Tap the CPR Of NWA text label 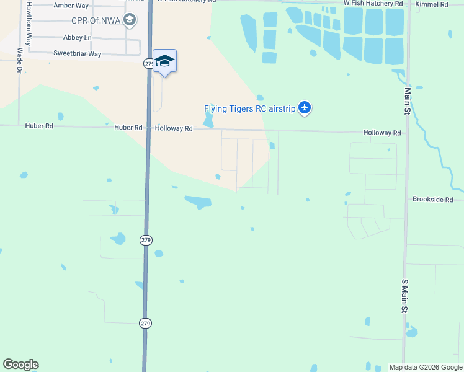click(x=93, y=20)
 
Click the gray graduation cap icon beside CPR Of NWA click(x=130, y=20)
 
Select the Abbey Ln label click(x=78, y=37)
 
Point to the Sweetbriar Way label click(x=78, y=54)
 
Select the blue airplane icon click(x=304, y=108)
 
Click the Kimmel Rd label click(x=432, y=4)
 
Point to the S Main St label click(x=404, y=295)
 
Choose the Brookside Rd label click(x=433, y=200)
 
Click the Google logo click(x=20, y=365)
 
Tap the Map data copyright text click(x=426, y=367)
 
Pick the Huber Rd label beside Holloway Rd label click(x=128, y=128)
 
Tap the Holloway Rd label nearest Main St click(x=382, y=133)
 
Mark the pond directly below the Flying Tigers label click(x=208, y=121)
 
